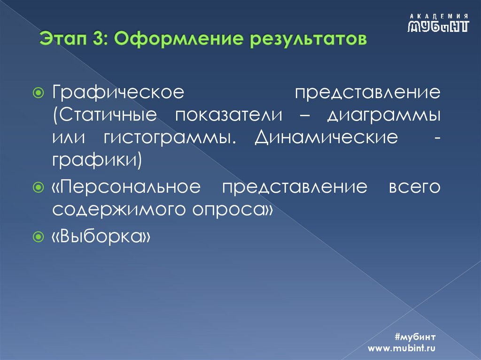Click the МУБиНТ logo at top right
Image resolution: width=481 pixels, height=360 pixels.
438,26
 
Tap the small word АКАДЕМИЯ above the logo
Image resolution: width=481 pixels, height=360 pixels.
438,15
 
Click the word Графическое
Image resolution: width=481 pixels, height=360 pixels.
117,91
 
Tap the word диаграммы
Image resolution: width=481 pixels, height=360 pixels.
384,115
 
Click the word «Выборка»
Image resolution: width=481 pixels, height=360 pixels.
101,237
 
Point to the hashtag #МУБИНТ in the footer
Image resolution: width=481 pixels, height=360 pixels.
416,337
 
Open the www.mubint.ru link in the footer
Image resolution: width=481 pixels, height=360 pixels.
402,348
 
